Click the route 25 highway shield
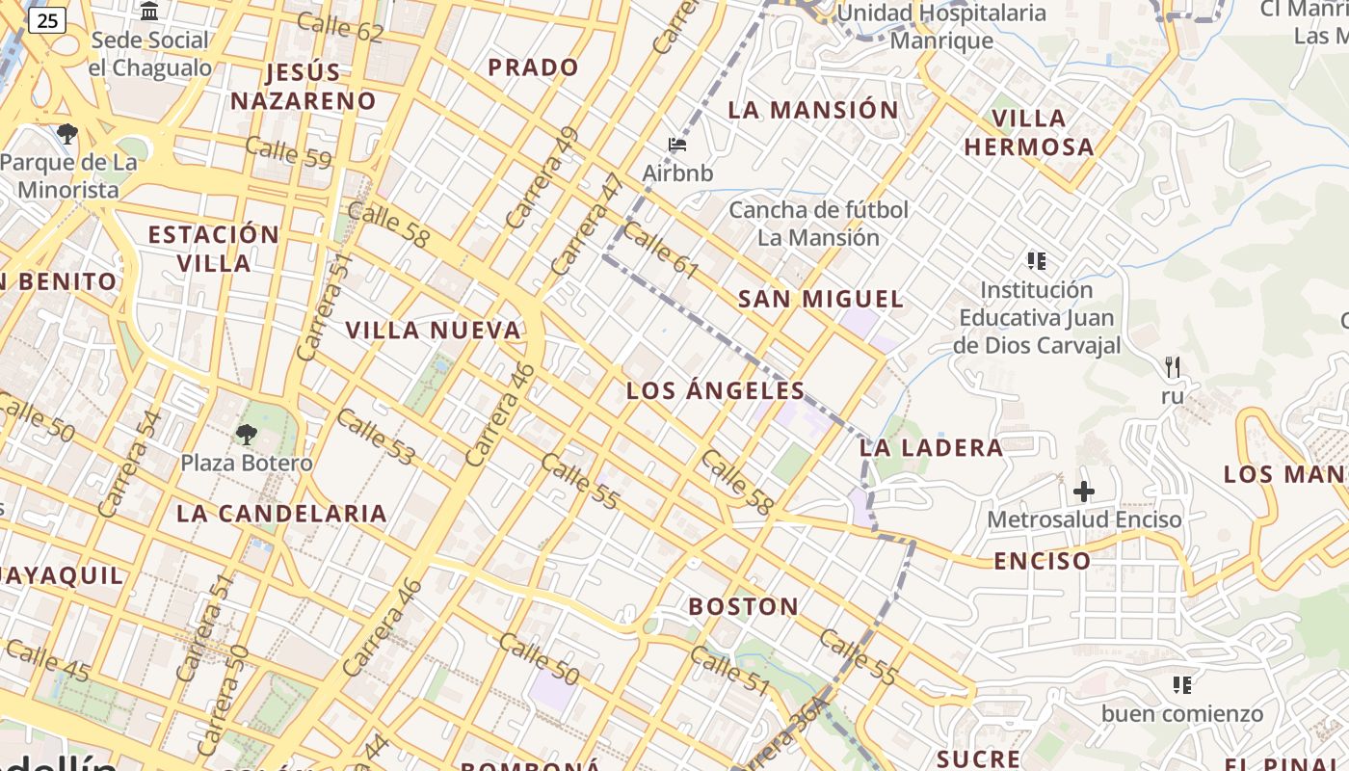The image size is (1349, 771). tap(47, 20)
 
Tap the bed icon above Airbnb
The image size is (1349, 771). tap(677, 145)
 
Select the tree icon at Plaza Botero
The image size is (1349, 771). tap(247, 434)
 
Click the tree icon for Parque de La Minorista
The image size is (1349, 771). tap(66, 133)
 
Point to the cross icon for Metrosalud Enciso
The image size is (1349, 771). tap(1084, 492)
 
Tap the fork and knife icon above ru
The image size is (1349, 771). tap(1173, 366)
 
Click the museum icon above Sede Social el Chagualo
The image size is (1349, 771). tap(149, 12)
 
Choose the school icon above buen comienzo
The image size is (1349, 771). tap(1182, 685)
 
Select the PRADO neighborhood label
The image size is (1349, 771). tap(533, 67)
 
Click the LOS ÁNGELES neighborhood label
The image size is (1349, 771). tap(715, 390)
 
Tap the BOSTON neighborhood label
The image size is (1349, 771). tap(743, 606)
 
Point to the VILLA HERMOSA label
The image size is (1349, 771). tap(1029, 133)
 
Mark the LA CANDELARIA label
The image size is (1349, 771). tap(281, 513)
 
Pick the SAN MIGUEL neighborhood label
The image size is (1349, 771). tap(821, 299)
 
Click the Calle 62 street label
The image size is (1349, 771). tap(340, 28)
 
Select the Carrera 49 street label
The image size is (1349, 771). tap(542, 177)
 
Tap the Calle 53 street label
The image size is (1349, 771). tap(375, 437)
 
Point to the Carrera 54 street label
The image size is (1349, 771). tap(128, 464)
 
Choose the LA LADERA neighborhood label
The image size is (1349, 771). tap(931, 447)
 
